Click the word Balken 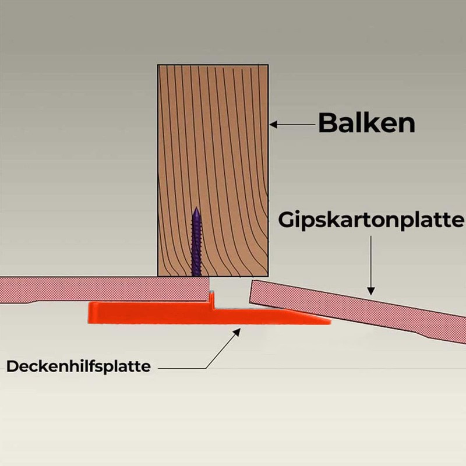point(366,123)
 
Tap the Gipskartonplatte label point(371,220)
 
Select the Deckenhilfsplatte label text point(79,366)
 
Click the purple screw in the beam point(196,242)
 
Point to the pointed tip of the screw point(196,208)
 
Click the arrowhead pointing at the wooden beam point(273,124)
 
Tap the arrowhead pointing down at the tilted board point(370,291)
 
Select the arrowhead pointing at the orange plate point(236,331)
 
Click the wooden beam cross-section point(213,170)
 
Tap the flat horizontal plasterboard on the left point(104,290)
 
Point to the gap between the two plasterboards point(230,293)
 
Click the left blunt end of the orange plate point(89,313)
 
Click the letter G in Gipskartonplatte point(286,220)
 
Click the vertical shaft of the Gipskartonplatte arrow point(370,262)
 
